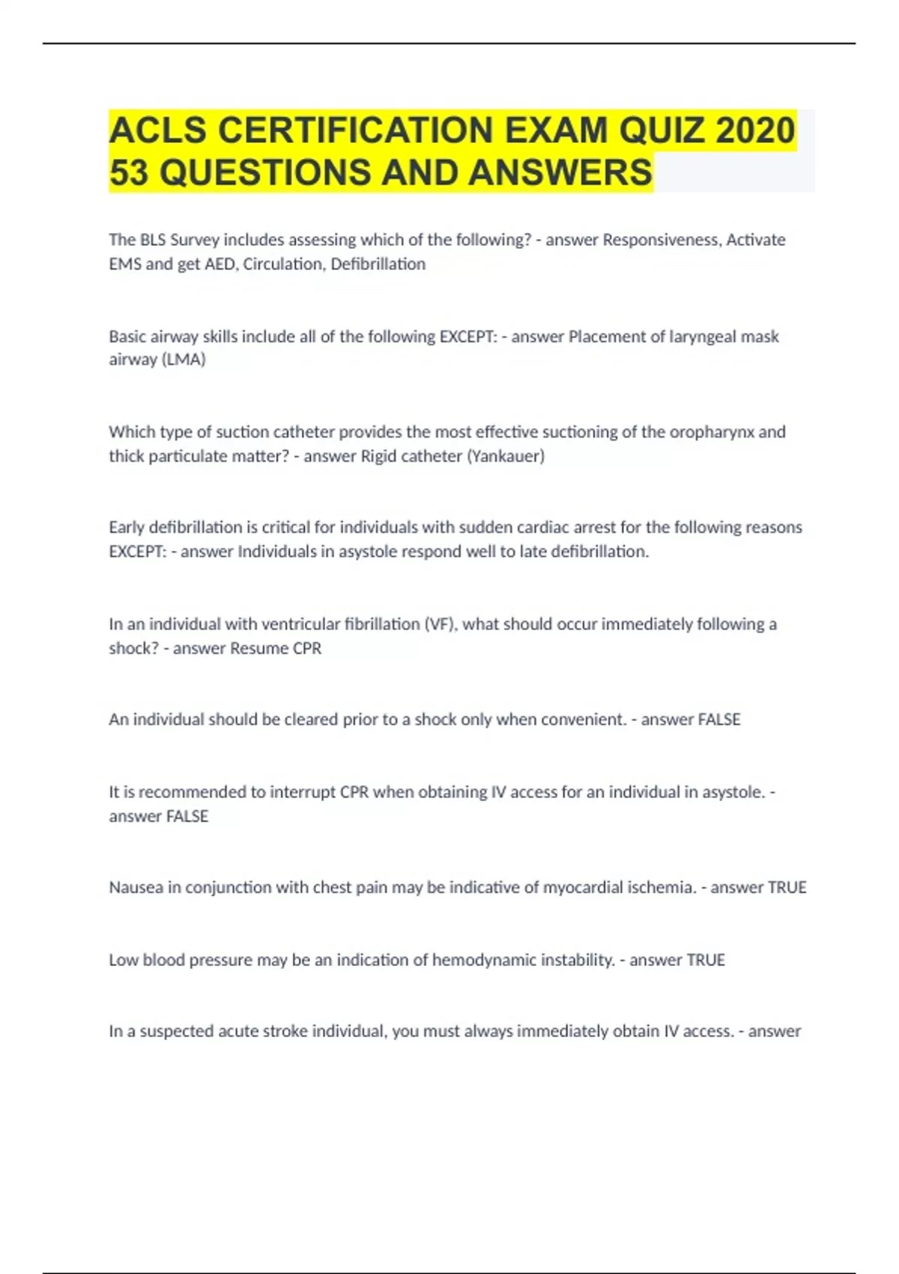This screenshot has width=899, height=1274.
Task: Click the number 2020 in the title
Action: [755, 130]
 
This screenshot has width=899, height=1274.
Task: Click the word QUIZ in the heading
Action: [660, 130]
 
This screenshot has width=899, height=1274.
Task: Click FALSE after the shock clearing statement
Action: [718, 719]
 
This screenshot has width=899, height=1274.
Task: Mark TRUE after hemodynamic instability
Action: [705, 960]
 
